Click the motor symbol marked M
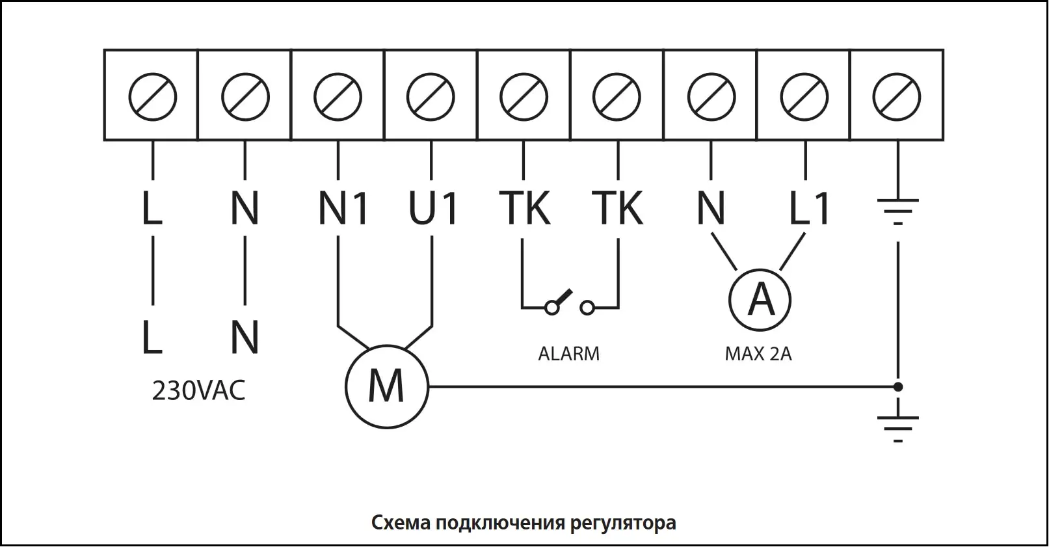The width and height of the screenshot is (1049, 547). coord(386,387)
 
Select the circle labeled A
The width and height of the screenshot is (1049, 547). coord(760,300)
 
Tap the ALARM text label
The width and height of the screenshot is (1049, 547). coord(568,354)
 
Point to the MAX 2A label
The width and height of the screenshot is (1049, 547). coord(758,354)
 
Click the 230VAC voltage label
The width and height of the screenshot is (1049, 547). coord(198,392)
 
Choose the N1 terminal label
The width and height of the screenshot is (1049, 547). coord(343,208)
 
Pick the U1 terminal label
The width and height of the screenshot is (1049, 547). coord(433,208)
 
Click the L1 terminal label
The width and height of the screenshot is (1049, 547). coord(809,208)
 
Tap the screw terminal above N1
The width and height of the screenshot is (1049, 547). coord(338,98)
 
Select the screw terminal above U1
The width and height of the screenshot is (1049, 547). coord(431,98)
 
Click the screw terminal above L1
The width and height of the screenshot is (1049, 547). coord(804,98)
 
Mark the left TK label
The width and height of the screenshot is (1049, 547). coord(525,208)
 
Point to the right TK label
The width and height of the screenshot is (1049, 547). coord(618,208)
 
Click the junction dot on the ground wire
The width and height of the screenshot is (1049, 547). coord(898,387)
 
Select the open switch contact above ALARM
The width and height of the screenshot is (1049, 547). coord(569,303)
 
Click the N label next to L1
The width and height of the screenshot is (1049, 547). coord(711,208)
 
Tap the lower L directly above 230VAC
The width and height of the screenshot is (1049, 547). coord(152,338)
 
